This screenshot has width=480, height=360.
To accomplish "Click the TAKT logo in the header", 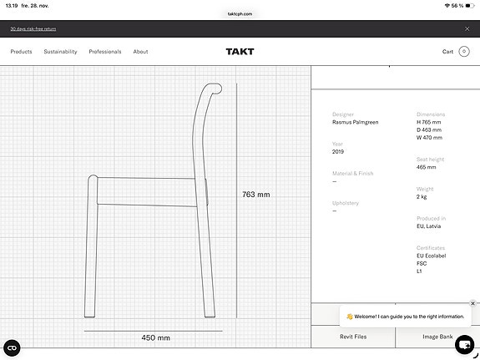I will click(240, 52).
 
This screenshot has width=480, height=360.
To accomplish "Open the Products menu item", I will click(21, 52).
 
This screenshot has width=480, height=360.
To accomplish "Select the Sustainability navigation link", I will click(60, 52).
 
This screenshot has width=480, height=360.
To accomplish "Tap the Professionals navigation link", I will click(105, 52).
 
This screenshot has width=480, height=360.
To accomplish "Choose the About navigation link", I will click(140, 52).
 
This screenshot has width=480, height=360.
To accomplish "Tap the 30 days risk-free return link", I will click(33, 28).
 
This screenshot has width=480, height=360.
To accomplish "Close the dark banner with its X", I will click(467, 28).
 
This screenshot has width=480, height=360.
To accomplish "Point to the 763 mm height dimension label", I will click(256, 195).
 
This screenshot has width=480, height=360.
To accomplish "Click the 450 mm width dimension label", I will click(155, 338).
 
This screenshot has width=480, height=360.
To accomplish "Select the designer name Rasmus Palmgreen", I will click(355, 122).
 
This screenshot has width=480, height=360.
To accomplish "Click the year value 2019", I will click(338, 151).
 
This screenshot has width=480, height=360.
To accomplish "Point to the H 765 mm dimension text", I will click(429, 122).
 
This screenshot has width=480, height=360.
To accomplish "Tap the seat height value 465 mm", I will click(427, 167).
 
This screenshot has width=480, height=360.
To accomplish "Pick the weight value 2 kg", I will click(422, 196).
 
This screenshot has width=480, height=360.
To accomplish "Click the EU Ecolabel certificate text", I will click(432, 256).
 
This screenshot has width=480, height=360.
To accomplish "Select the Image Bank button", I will click(437, 337).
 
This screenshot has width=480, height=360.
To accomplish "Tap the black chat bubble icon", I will click(465, 343).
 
